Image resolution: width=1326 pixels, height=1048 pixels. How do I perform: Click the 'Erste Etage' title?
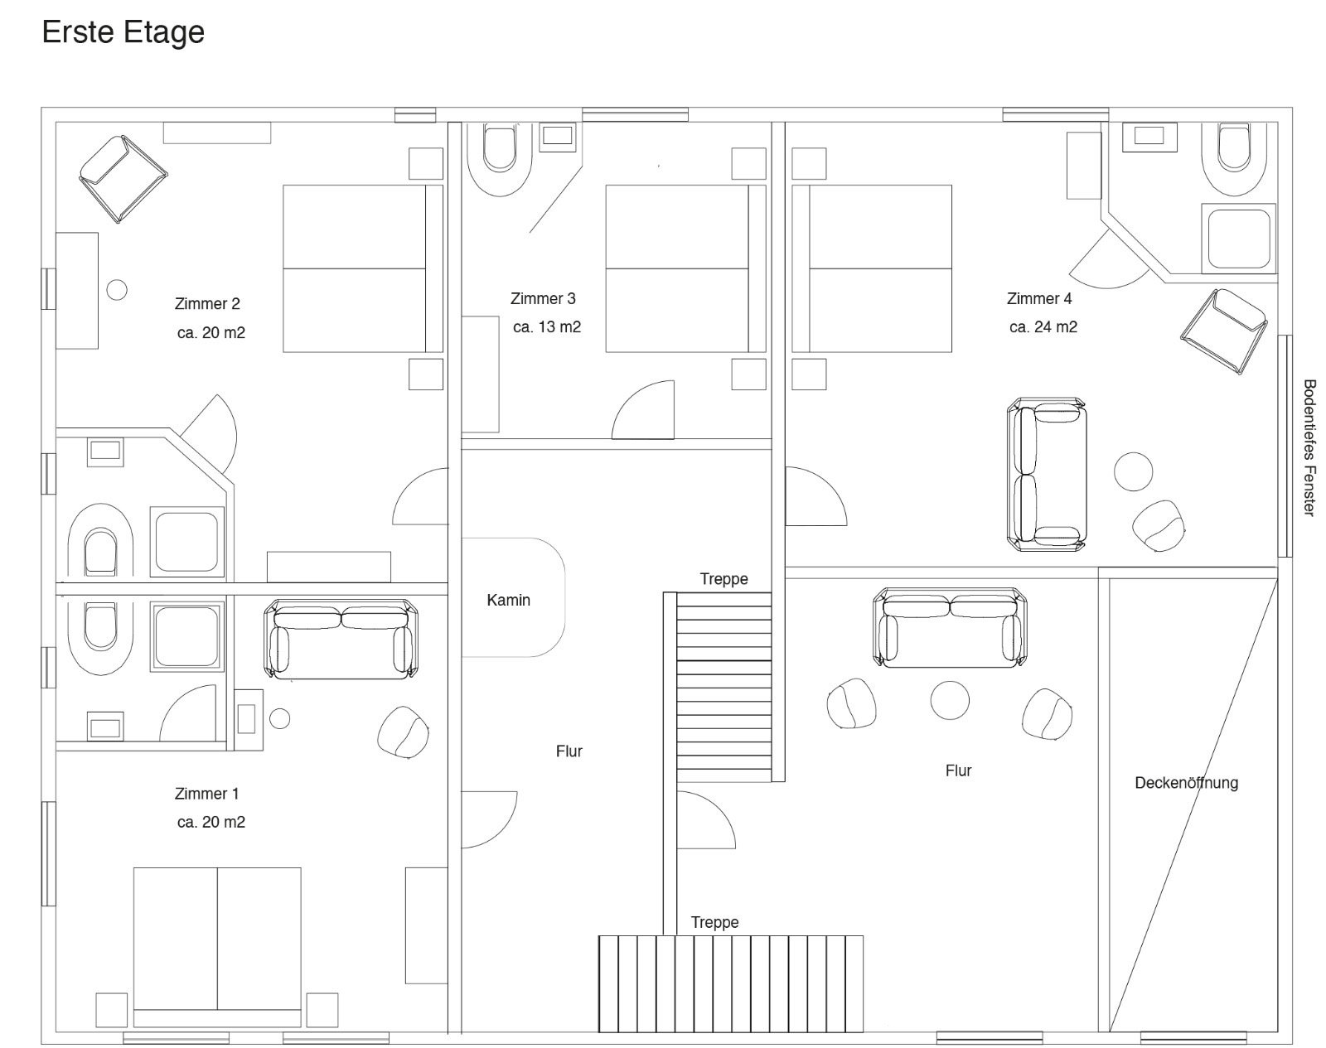click(123, 32)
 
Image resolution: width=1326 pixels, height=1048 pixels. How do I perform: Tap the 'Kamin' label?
click(508, 600)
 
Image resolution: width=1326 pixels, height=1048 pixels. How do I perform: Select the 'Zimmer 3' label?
click(543, 299)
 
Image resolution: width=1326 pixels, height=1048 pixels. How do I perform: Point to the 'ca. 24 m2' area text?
click(1043, 327)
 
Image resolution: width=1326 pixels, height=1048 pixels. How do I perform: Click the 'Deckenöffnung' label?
click(1186, 782)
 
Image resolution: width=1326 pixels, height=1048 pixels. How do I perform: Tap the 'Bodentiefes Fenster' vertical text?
click(1309, 448)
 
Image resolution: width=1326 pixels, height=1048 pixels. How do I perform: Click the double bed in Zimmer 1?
click(217, 948)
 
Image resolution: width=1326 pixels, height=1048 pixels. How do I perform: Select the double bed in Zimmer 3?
click(686, 268)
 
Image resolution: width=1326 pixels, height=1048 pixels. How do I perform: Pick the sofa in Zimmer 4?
click(1046, 475)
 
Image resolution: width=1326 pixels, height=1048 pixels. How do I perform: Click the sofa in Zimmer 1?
click(341, 639)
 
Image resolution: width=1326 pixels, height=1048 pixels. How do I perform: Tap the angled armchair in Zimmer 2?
click(123, 179)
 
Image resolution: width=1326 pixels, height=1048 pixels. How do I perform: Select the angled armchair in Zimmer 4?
click(1224, 331)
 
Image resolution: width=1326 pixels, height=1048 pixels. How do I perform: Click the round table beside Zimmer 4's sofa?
click(1133, 472)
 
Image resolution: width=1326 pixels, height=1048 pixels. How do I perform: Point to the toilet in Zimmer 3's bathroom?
click(500, 159)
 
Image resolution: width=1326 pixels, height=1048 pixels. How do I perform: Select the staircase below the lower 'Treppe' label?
click(731, 984)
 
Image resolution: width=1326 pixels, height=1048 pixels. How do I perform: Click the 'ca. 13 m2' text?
click(547, 327)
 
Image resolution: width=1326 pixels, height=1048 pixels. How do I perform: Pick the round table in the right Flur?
click(950, 701)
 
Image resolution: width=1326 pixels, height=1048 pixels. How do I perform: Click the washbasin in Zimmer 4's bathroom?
click(1149, 136)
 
